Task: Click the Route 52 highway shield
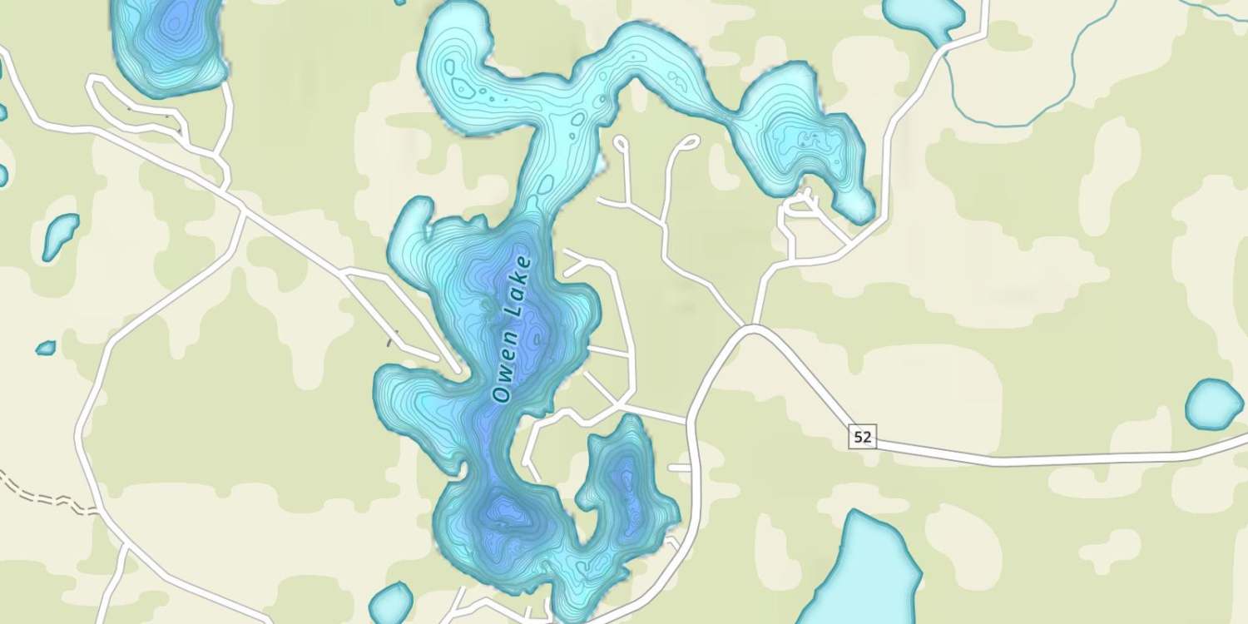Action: click(x=863, y=435)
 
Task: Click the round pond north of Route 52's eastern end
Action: click(x=1214, y=404)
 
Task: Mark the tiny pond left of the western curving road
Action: click(x=46, y=347)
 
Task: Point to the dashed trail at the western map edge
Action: click(x=42, y=494)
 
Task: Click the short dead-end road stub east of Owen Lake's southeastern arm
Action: click(x=679, y=468)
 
